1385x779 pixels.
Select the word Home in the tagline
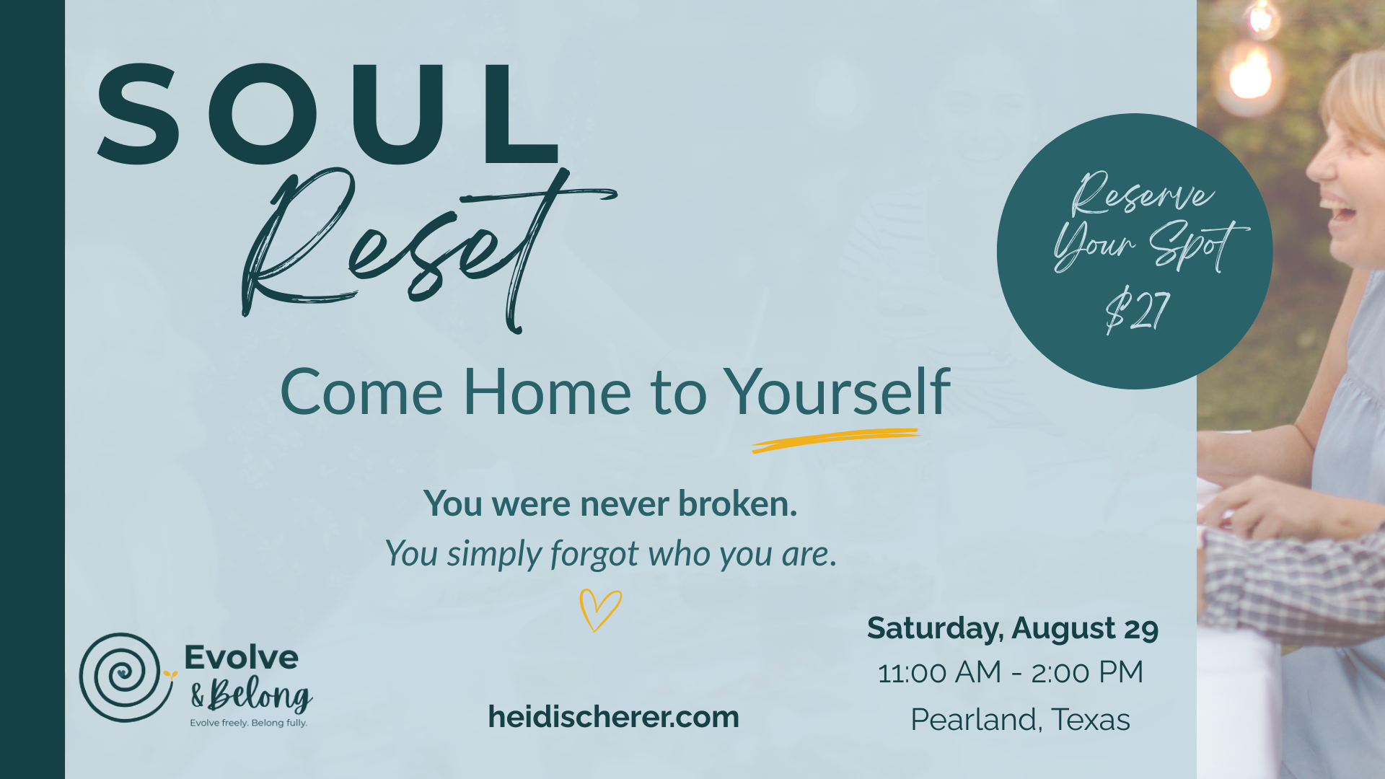click(x=547, y=392)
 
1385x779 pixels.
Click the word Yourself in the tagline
click(x=837, y=392)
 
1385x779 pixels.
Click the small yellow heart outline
click(x=600, y=610)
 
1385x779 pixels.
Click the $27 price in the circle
click(x=1137, y=310)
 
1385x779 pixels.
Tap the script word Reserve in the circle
click(x=1142, y=194)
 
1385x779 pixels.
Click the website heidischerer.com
click(x=613, y=717)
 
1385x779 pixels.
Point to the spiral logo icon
click(x=127, y=677)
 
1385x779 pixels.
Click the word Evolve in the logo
click(x=241, y=657)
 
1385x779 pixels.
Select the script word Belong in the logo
click(x=260, y=695)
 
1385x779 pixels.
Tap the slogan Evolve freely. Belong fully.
click(x=248, y=723)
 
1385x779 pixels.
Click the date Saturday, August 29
click(x=1013, y=628)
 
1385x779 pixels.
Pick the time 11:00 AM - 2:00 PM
click(x=1011, y=672)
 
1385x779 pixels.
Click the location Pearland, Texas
click(x=1020, y=720)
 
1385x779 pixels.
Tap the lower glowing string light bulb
click(x=1251, y=74)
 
